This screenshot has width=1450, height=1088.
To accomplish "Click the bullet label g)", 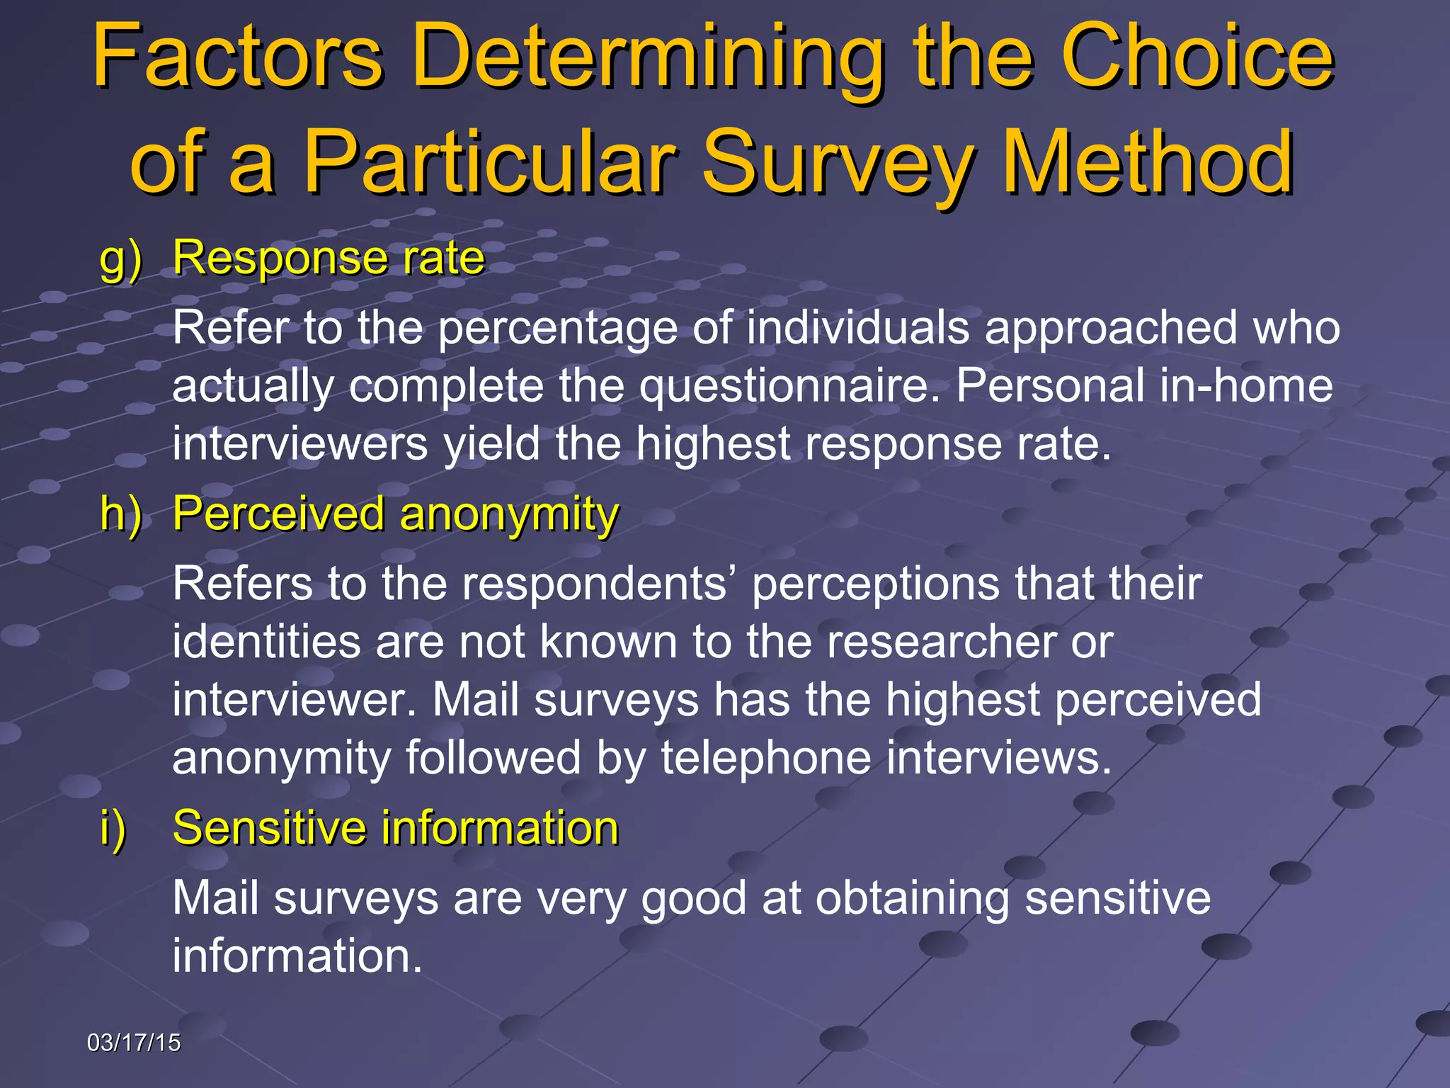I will pyautogui.click(x=121, y=259).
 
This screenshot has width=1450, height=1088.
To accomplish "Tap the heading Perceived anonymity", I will pyautogui.click(x=396, y=514).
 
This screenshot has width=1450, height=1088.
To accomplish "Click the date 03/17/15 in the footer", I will pyautogui.click(x=134, y=1043).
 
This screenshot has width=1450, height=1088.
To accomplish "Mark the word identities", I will pyautogui.click(x=266, y=642).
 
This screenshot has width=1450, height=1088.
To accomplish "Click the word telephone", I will pyautogui.click(x=766, y=758).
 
